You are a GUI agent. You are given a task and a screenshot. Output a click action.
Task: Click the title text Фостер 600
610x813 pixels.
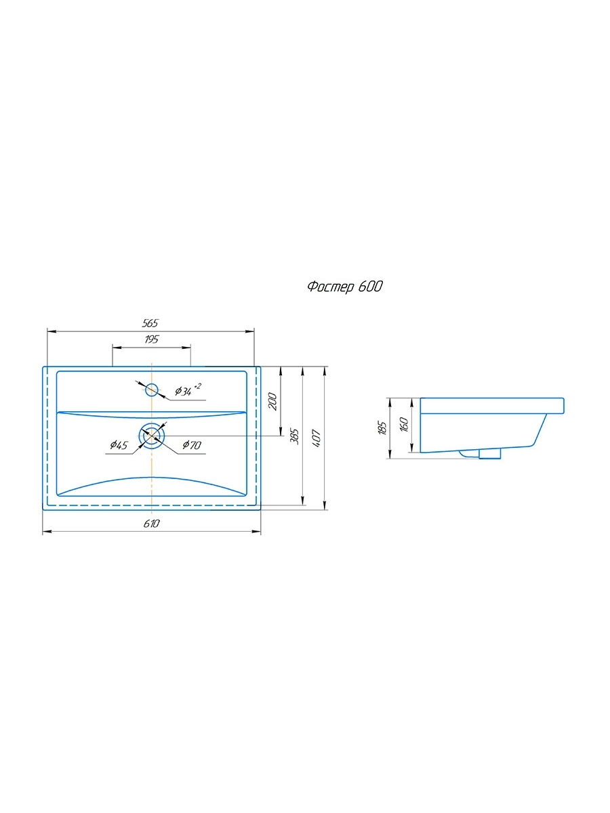[345, 287]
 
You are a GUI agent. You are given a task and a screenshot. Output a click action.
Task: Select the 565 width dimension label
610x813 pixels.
[150, 323]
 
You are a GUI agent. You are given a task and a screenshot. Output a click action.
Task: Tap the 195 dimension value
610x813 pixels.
[151, 339]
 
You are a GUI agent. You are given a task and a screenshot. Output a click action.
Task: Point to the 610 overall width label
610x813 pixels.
[151, 524]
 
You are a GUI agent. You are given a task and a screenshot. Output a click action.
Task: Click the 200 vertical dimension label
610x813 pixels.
[272, 401]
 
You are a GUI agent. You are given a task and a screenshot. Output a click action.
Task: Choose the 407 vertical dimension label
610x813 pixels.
[316, 438]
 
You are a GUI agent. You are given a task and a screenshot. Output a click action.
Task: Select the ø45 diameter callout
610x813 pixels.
[119, 445]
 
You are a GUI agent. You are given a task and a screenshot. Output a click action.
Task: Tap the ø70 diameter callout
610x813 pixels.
[192, 444]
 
